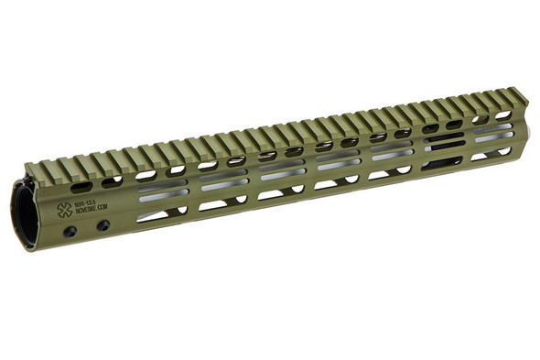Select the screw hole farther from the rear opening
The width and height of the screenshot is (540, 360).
tap(103, 225)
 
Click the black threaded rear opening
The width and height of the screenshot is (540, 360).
tap(26, 216)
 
